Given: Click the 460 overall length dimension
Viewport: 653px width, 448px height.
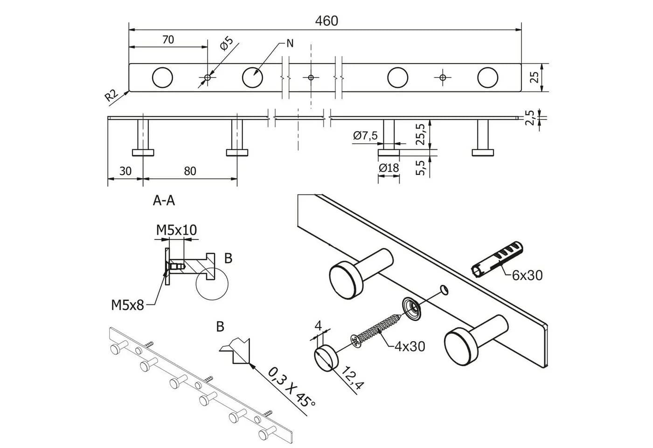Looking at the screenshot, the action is click(326, 21).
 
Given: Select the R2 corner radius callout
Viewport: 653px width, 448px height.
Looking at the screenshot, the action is click(111, 95).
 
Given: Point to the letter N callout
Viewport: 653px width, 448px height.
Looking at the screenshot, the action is click(290, 43).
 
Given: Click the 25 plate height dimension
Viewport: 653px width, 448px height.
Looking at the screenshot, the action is click(535, 77).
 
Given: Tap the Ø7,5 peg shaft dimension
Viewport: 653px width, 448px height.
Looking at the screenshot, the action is click(365, 135).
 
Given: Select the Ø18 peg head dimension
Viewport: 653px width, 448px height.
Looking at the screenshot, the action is click(389, 168).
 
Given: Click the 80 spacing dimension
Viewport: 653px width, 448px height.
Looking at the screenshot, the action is click(190, 171).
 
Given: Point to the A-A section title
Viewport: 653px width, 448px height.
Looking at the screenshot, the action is click(164, 201).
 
